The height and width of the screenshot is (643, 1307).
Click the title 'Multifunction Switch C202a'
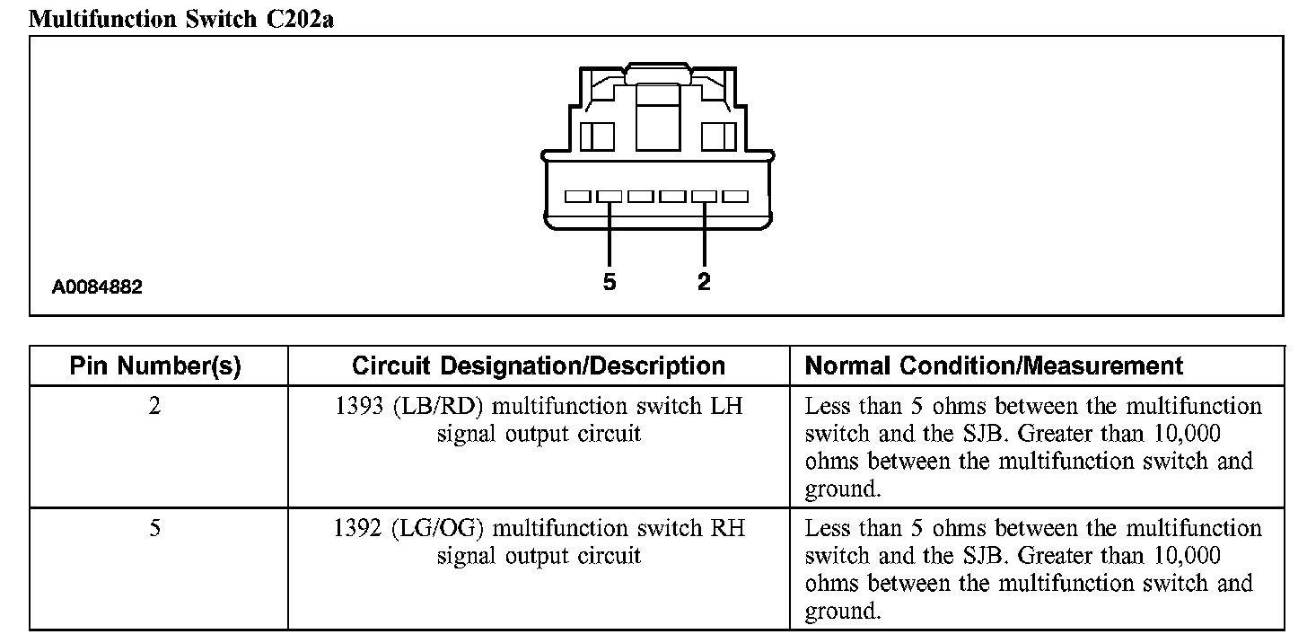[x=181, y=19]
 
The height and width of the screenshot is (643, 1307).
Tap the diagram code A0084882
[x=97, y=288]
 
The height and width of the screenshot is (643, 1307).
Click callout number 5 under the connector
[x=610, y=283]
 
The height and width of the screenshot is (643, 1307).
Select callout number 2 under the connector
[x=704, y=282]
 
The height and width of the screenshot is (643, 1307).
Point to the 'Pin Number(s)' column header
[x=155, y=366]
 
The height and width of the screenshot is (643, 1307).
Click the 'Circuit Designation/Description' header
[x=539, y=366]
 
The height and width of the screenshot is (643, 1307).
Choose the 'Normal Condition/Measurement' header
[x=994, y=366]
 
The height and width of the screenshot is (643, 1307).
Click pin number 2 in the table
[x=155, y=407]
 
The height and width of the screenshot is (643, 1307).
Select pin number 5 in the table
[x=155, y=528]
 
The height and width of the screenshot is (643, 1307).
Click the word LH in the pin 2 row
[x=727, y=407]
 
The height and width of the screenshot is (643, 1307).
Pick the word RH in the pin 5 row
[x=727, y=528]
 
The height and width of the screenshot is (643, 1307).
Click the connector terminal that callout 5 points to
[x=610, y=196]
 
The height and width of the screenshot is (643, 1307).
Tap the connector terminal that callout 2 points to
[x=704, y=196]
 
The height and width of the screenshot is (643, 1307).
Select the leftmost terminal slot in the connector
[x=577, y=196]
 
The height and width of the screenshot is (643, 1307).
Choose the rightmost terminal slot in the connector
[x=735, y=196]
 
